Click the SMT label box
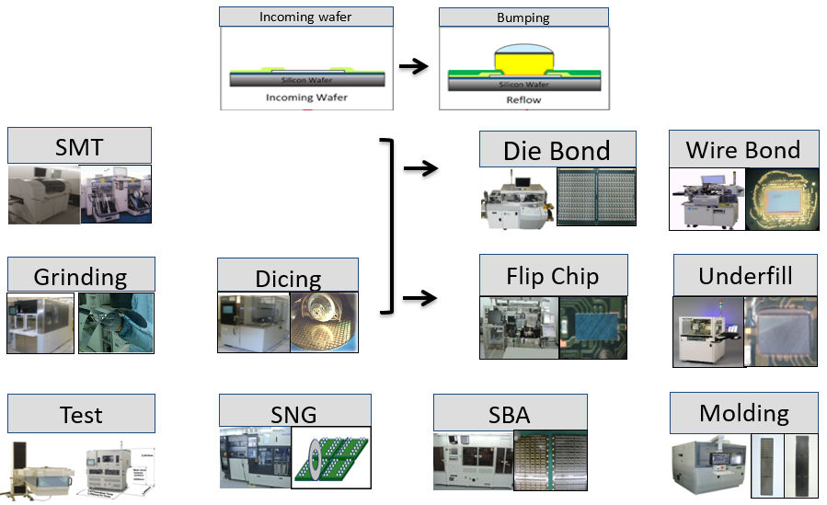click(x=79, y=145)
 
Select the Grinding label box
click(x=80, y=275)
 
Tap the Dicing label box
click(x=288, y=276)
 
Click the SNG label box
click(x=295, y=412)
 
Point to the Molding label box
click(x=743, y=411)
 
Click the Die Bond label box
click(x=557, y=149)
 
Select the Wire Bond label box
click(x=742, y=148)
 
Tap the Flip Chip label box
click(x=553, y=274)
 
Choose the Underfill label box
click(x=745, y=274)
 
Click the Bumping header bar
click(x=523, y=17)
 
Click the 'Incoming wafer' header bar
click(x=306, y=17)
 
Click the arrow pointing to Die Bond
click(x=419, y=167)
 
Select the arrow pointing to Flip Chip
click(x=419, y=297)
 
